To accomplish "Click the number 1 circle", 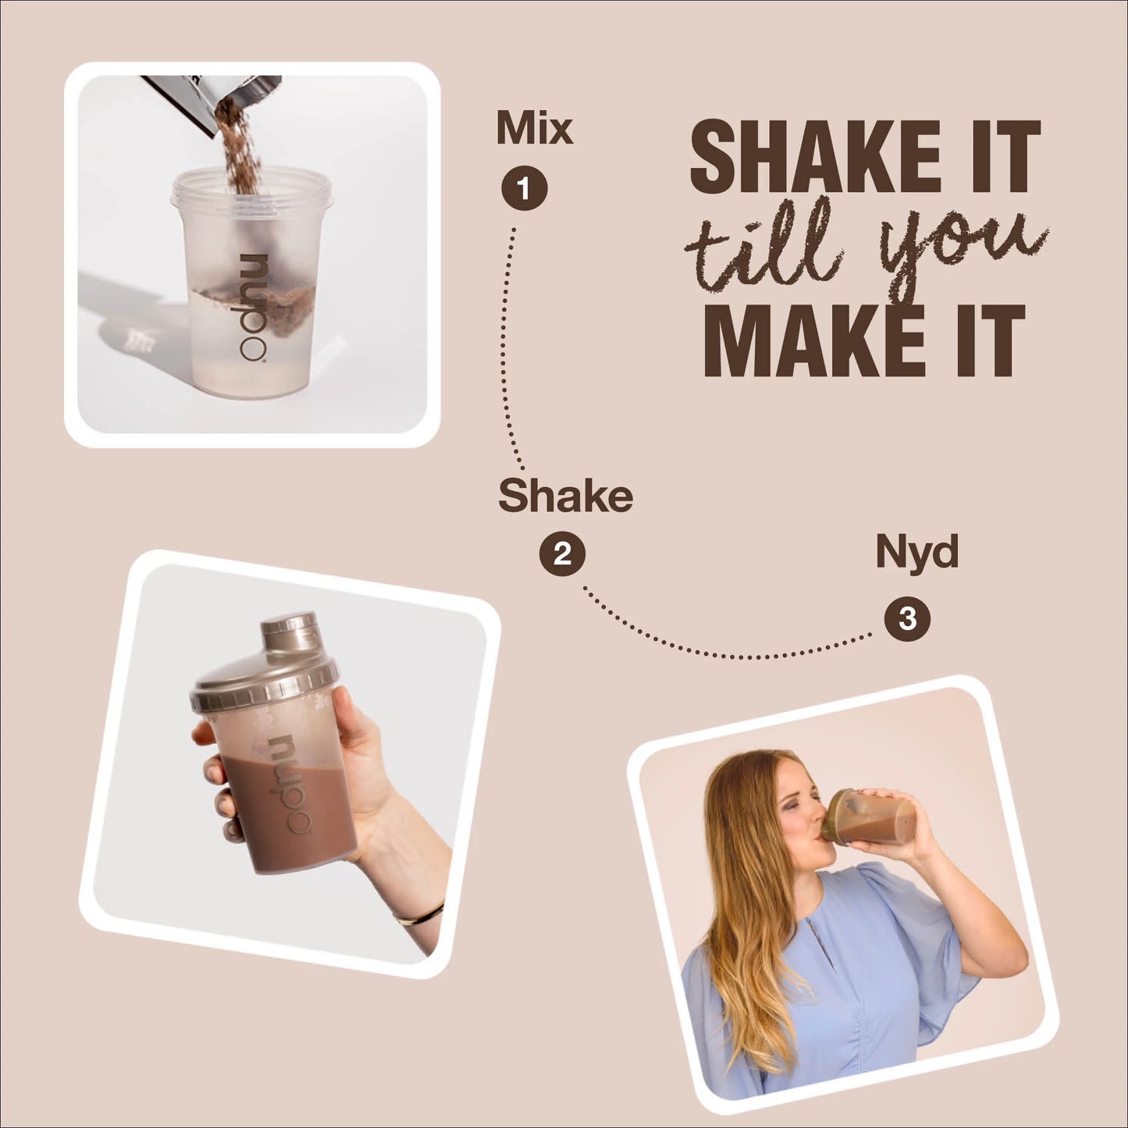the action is (x=524, y=188).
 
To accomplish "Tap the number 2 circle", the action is (x=562, y=553).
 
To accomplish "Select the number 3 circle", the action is (x=907, y=618).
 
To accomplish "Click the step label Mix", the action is (x=535, y=127).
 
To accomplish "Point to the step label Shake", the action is (x=565, y=495).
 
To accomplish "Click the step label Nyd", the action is (x=916, y=552).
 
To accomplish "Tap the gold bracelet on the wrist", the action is (x=419, y=913).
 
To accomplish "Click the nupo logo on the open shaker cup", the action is (x=254, y=308).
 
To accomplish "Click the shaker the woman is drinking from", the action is (x=867, y=817).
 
